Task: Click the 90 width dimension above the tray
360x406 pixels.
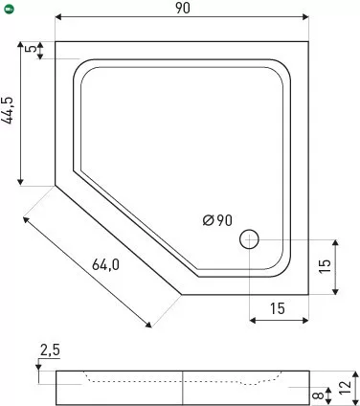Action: pyautogui.click(x=183, y=8)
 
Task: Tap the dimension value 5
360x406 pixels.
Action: pyautogui.click(x=32, y=49)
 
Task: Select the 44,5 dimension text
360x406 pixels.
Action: pyautogui.click(x=8, y=110)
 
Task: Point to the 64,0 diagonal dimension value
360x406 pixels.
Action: pyautogui.click(x=105, y=264)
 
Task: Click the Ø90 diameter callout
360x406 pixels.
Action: pyautogui.click(x=217, y=220)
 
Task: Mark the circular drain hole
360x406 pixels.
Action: pyautogui.click(x=249, y=239)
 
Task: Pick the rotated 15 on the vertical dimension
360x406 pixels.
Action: pyautogui.click(x=325, y=266)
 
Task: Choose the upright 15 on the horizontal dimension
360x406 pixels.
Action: pyautogui.click(x=278, y=308)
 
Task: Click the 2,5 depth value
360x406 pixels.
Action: pyautogui.click(x=50, y=350)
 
